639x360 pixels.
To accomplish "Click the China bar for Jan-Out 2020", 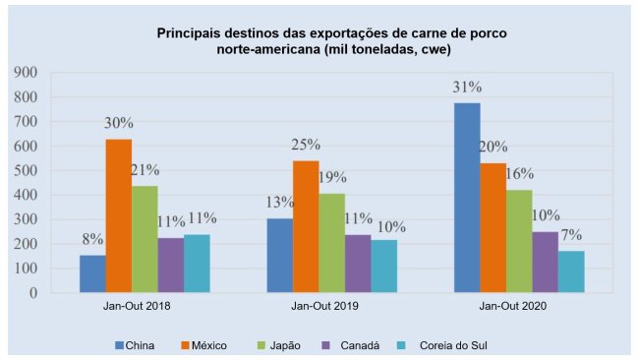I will [467, 198].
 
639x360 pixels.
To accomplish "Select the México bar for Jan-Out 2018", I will [119, 215].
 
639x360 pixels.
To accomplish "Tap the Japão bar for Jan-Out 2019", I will [331, 243].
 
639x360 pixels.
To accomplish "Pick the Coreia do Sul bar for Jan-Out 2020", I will [571, 271].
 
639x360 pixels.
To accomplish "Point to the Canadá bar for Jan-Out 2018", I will [171, 265].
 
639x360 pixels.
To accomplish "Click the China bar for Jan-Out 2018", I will [92, 273].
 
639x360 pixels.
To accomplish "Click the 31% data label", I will [467, 87].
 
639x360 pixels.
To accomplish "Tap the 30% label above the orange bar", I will [119, 123].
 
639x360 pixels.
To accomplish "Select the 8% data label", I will [92, 239].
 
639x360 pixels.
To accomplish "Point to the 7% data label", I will [571, 235].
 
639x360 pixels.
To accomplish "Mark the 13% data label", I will [280, 202].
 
